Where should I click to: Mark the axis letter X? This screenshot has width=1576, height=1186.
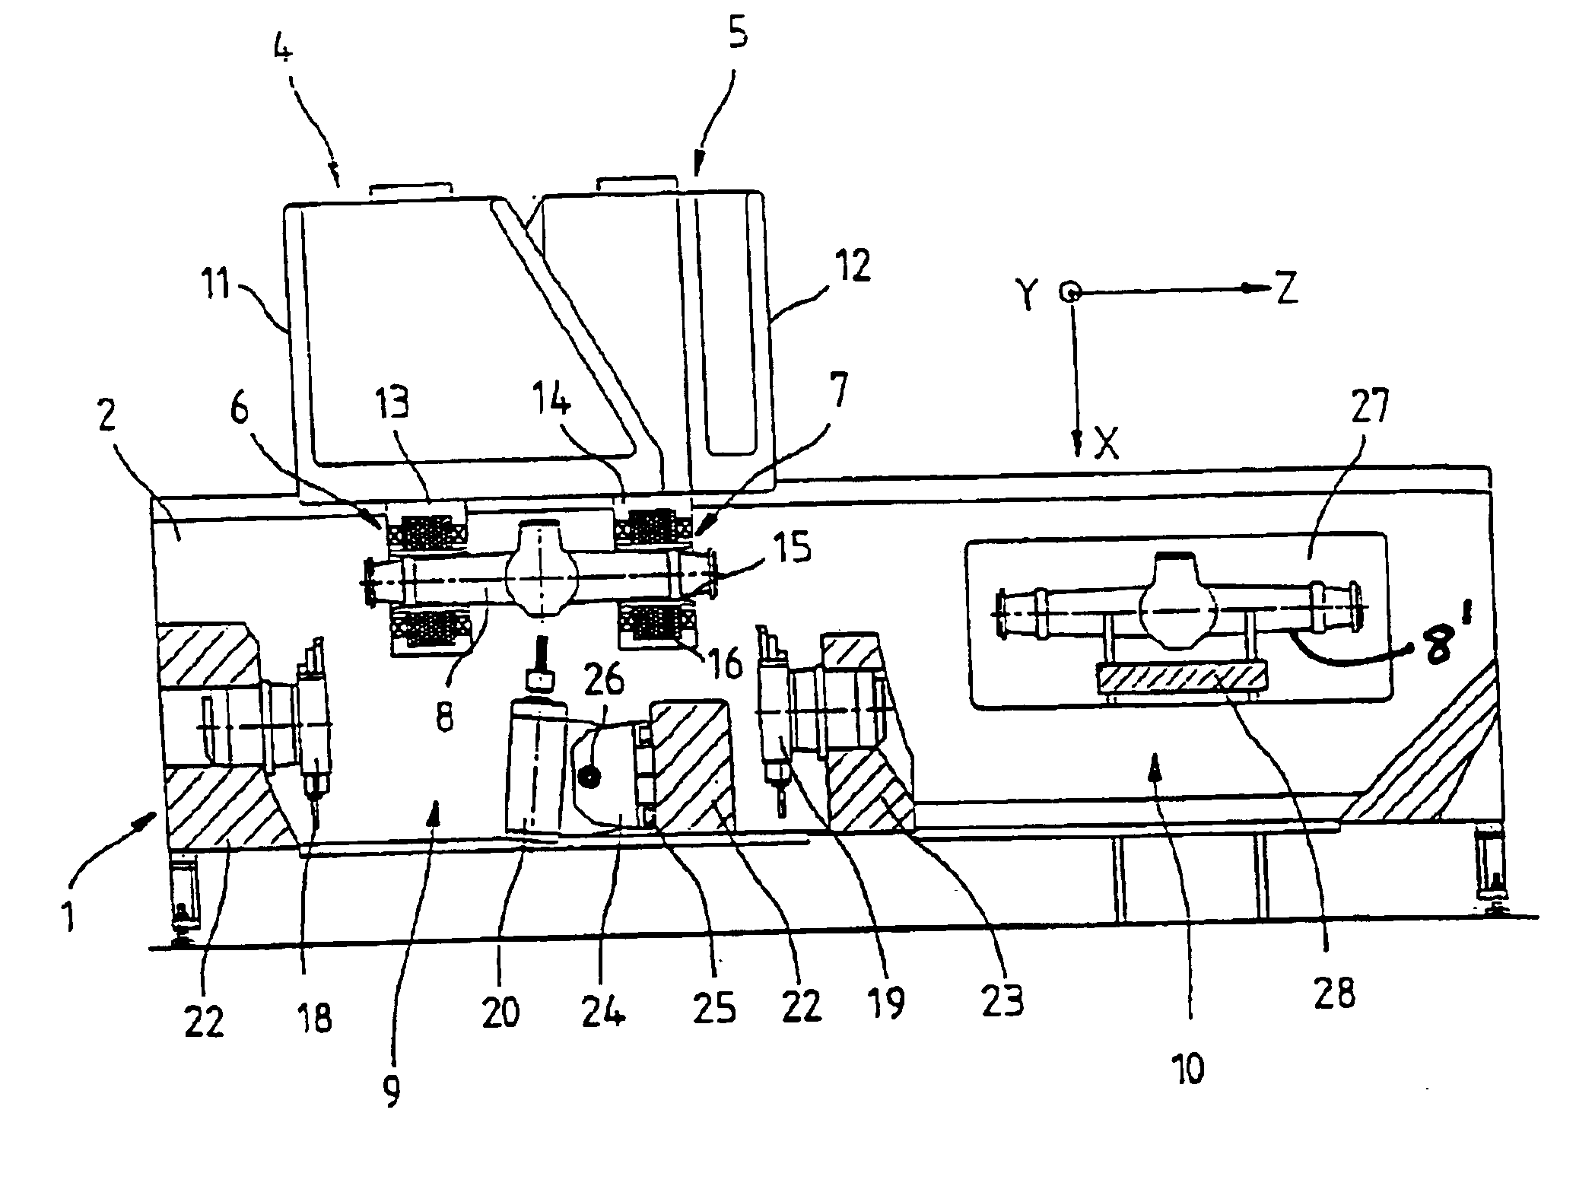tap(1107, 444)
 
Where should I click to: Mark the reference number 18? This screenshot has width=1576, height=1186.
tap(315, 1016)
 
